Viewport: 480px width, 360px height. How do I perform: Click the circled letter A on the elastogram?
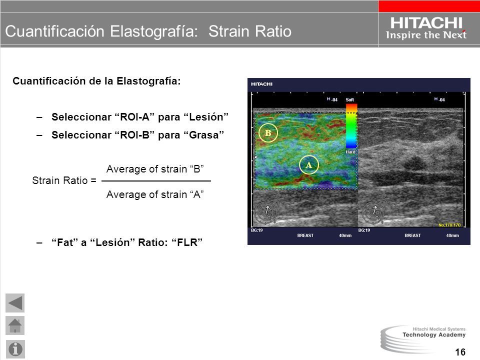pos(308,165)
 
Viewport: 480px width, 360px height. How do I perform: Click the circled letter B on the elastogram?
pos(268,133)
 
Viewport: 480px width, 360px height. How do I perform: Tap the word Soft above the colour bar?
pos(349,100)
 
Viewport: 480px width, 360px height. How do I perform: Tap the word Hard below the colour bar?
pos(350,152)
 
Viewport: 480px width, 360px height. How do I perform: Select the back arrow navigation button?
pos(15,303)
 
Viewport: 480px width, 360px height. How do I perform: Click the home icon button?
pos(15,325)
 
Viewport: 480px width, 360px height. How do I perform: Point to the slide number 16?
pos(460,352)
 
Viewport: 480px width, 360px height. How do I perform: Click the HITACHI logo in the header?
pos(426,23)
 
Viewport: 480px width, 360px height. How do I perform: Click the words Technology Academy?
pos(434,335)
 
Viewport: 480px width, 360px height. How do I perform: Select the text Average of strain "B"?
pos(155,169)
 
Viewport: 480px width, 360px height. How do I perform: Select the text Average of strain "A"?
pos(155,194)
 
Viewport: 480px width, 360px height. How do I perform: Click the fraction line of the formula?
pos(156,181)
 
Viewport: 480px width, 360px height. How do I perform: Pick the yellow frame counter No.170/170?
pos(449,225)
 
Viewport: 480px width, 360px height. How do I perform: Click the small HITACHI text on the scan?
pos(261,84)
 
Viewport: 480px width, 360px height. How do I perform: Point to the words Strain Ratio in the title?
pos(250,31)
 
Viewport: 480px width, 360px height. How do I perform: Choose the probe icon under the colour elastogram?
pos(266,211)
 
